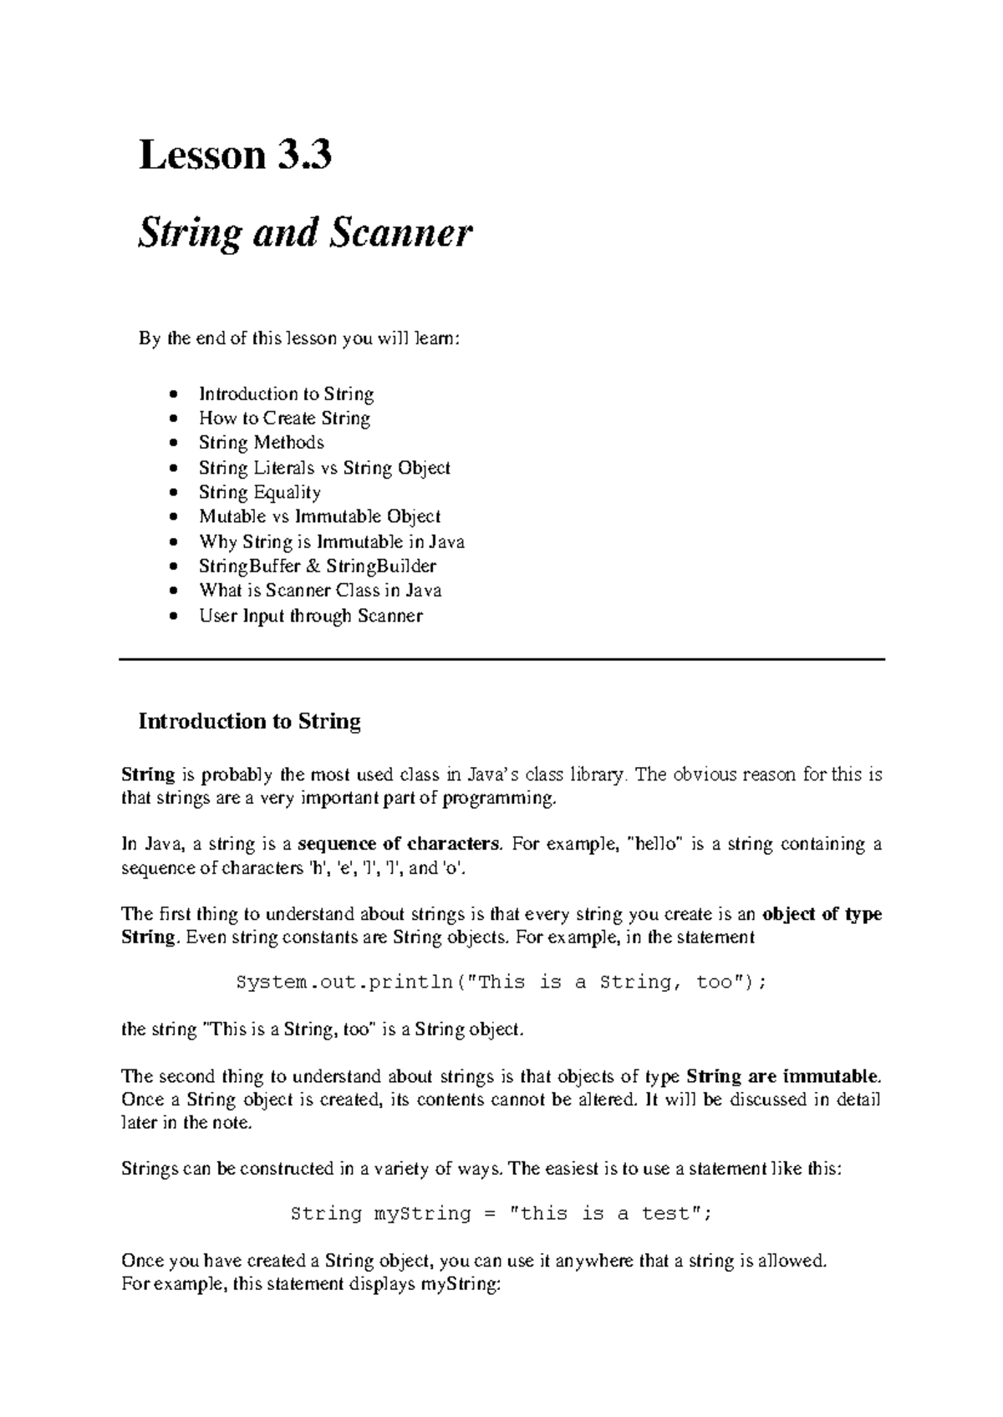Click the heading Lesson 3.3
[x=235, y=156]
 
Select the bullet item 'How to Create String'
[x=284, y=418]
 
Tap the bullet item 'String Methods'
[x=261, y=442]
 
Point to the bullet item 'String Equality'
[x=259, y=492]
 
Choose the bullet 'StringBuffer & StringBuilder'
[x=317, y=566]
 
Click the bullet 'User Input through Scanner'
[x=310, y=616]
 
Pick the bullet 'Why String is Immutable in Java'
[x=331, y=541]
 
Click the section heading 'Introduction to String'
[x=249, y=721]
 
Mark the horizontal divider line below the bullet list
[x=501, y=660]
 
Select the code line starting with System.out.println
[x=501, y=983]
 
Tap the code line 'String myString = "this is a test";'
[x=501, y=1214]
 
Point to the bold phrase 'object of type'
[x=822, y=914]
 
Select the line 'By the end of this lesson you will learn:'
[x=298, y=339]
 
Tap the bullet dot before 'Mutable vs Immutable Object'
[x=173, y=517]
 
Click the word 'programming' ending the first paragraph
[x=498, y=799]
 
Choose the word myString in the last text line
[x=459, y=1284]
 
